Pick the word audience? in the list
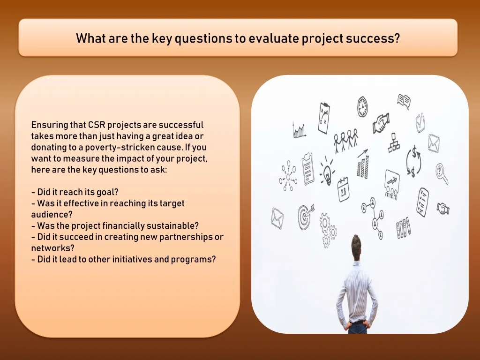point(52,214)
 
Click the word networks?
point(52,248)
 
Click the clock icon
point(362,106)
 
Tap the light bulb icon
point(327,172)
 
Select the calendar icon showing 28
point(343,190)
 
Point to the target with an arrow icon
point(306,217)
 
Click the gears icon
point(328,230)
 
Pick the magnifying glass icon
point(442,173)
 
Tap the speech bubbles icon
point(404,101)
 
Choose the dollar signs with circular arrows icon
point(414,162)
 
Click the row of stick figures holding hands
point(346,140)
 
